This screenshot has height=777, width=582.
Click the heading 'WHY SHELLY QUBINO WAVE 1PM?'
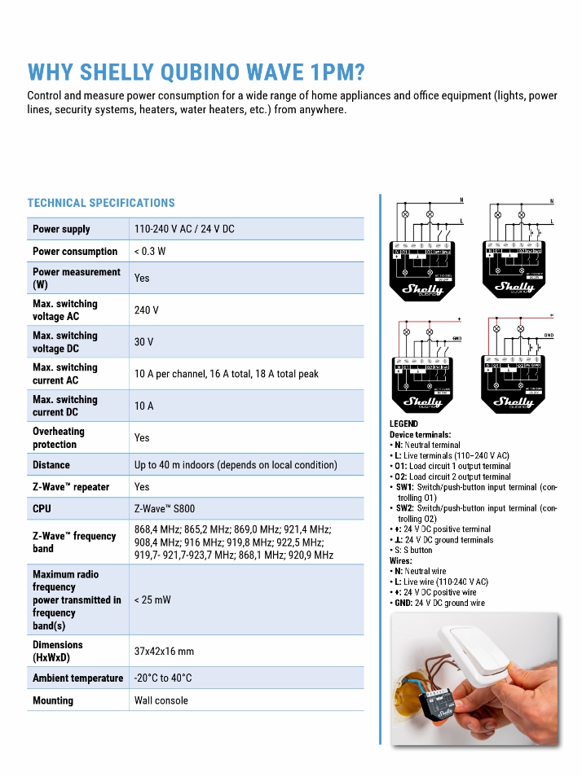pos(196,72)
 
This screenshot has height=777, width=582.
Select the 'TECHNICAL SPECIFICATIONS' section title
pos(101,203)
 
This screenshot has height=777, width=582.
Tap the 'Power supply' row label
pos(61,229)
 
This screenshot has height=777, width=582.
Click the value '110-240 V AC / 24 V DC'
pos(184,229)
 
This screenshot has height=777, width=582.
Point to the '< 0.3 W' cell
pos(150,251)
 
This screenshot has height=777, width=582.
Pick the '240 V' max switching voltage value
pos(147,310)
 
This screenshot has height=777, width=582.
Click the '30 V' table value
pos(144,342)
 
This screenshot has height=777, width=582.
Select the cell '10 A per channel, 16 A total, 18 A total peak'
pos(227,374)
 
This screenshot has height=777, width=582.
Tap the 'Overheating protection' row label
pos(59,437)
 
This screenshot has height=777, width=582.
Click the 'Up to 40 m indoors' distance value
pos(236,464)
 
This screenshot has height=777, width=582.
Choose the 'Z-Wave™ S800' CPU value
pos(165,508)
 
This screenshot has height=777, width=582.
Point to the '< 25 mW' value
pos(152,599)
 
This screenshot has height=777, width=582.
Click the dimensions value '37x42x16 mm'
pos(164,651)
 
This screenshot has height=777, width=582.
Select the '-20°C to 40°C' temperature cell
pos(163,678)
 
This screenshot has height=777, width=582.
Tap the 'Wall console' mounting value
pos(161,700)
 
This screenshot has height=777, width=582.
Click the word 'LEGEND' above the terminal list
pos(404,424)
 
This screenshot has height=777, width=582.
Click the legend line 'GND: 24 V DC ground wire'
pos(440,603)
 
